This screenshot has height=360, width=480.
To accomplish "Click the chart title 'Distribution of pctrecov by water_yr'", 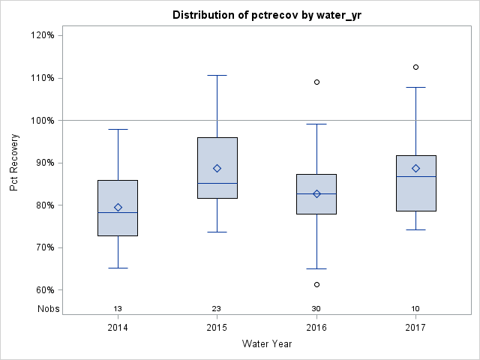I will point(266,15).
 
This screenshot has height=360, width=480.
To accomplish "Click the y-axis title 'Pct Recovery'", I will point(15,163).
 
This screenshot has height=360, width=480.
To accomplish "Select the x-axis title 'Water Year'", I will point(266,344).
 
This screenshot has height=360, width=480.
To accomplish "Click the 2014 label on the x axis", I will point(118,328).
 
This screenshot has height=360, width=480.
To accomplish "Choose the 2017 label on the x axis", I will point(415,328).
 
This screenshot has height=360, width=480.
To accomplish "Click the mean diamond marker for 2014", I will point(118,207).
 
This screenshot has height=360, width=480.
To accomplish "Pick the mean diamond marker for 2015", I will point(217,168).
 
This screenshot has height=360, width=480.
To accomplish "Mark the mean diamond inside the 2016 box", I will point(316,193).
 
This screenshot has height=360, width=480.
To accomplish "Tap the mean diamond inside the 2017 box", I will point(415,168).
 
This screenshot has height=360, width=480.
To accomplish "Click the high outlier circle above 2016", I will point(316,82).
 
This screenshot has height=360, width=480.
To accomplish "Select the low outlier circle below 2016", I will point(316,284).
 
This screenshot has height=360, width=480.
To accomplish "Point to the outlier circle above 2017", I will point(415,67).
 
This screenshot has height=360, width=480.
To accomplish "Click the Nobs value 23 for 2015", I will point(217,309).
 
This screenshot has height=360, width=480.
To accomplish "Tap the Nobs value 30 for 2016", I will point(316,309).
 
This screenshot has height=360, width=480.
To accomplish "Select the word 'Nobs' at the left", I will point(49,309).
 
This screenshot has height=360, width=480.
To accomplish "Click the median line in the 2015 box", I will point(217,183).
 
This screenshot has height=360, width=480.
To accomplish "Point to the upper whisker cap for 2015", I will point(217,75).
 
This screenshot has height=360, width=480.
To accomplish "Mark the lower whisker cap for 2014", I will point(118,268).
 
